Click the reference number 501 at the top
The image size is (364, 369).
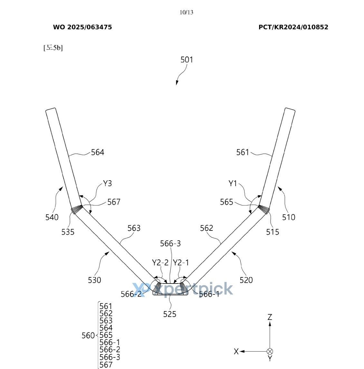point(187,60)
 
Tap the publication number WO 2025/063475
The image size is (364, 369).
point(82,27)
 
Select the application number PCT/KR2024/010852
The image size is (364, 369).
point(293,27)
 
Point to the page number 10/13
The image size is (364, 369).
point(187,13)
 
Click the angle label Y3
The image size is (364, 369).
point(107,184)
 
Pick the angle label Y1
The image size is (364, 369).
point(233,184)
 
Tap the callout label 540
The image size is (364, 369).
point(52,218)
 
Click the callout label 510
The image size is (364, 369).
point(289,218)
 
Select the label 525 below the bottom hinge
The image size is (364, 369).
point(170,314)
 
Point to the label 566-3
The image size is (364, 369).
point(170,244)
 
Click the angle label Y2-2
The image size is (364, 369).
point(160,263)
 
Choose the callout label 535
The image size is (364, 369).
point(68,232)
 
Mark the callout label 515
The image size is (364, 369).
point(273,232)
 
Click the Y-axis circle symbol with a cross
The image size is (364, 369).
point(270,352)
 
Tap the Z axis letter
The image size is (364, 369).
point(270,317)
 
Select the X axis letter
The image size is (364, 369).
point(236,352)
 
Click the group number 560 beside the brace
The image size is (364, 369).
point(88,336)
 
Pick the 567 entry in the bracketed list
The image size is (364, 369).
point(106,365)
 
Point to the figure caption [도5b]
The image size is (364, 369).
point(53,48)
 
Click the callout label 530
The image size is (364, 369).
point(94,280)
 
